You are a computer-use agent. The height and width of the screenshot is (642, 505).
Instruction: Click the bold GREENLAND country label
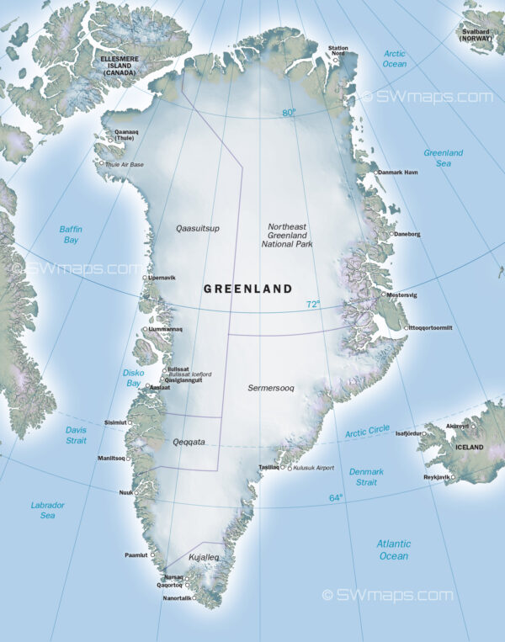coord(248,289)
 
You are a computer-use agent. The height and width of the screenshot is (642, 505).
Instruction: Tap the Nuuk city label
coord(126,492)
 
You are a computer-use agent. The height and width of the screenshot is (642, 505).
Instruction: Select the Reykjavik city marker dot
coord(453,477)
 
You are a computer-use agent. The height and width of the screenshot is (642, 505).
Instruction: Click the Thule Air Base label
coord(124,164)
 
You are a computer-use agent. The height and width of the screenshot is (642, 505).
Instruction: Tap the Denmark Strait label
coord(366,477)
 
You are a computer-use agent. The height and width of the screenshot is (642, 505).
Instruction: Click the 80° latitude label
coord(289,112)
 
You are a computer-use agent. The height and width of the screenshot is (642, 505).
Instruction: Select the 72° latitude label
coord(313,305)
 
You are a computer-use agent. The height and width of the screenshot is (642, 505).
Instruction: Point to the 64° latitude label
coord(336,497)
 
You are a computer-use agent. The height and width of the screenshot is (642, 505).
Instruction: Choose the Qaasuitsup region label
coord(198,228)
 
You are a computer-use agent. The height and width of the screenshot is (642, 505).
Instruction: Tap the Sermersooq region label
coord(271,388)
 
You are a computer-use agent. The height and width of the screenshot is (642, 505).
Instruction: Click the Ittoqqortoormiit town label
coord(431,327)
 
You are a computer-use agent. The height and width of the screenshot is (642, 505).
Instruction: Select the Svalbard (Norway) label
coord(476,34)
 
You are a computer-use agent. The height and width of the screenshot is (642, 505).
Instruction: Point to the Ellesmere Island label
coord(120,65)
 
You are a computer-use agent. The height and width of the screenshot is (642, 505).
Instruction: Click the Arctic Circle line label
coord(368,431)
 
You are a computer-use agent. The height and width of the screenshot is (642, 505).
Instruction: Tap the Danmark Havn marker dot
coord(376,172)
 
